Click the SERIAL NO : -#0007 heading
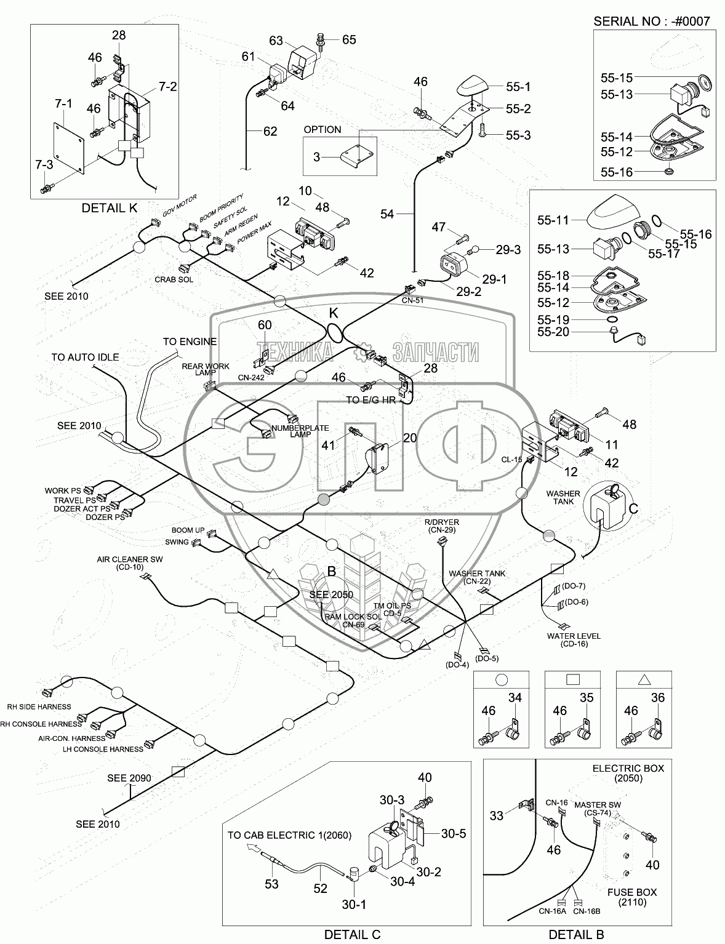(651, 22)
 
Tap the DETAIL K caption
(110, 208)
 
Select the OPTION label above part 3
(322, 130)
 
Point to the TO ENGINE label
(190, 342)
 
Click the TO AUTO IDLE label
(85, 357)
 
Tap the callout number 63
(276, 41)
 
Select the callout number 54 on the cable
(387, 214)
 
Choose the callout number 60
(264, 325)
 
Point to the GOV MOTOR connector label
(180, 206)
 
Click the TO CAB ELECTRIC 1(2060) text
(289, 835)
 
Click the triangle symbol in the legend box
(644, 680)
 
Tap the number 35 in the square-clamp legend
(587, 698)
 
